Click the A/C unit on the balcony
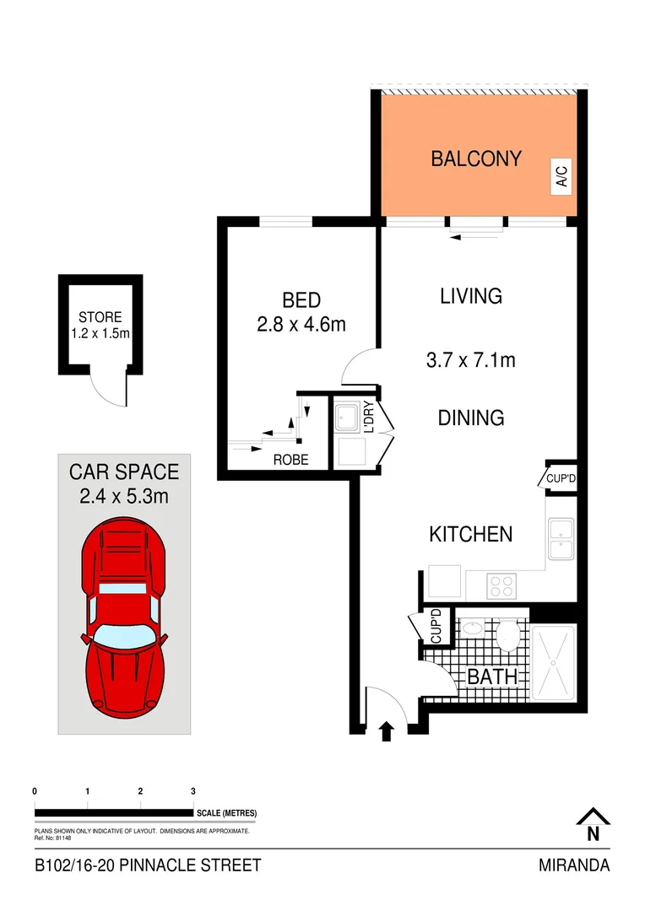tap(561, 177)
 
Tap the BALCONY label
tap(476, 159)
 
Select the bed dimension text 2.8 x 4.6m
tap(301, 323)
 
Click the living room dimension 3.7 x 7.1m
tap(471, 360)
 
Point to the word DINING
tap(471, 418)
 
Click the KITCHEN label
tap(471, 534)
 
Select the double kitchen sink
tap(561, 540)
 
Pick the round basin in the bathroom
tap(473, 630)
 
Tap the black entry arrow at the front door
tap(387, 730)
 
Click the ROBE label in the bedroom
tap(290, 461)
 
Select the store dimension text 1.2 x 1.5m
tap(100, 333)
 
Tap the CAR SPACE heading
tap(124, 472)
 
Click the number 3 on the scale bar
tap(193, 791)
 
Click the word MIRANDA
tap(574, 865)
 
